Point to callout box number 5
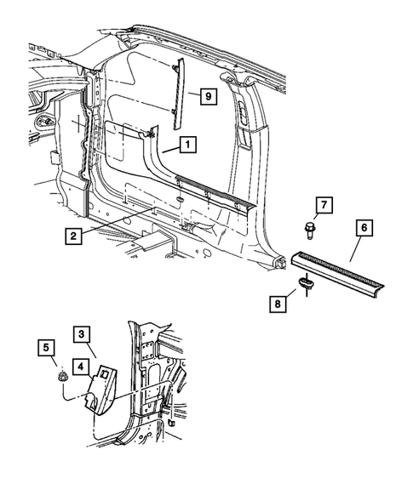47,348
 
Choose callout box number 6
364,228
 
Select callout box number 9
205,96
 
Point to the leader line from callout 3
96,349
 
